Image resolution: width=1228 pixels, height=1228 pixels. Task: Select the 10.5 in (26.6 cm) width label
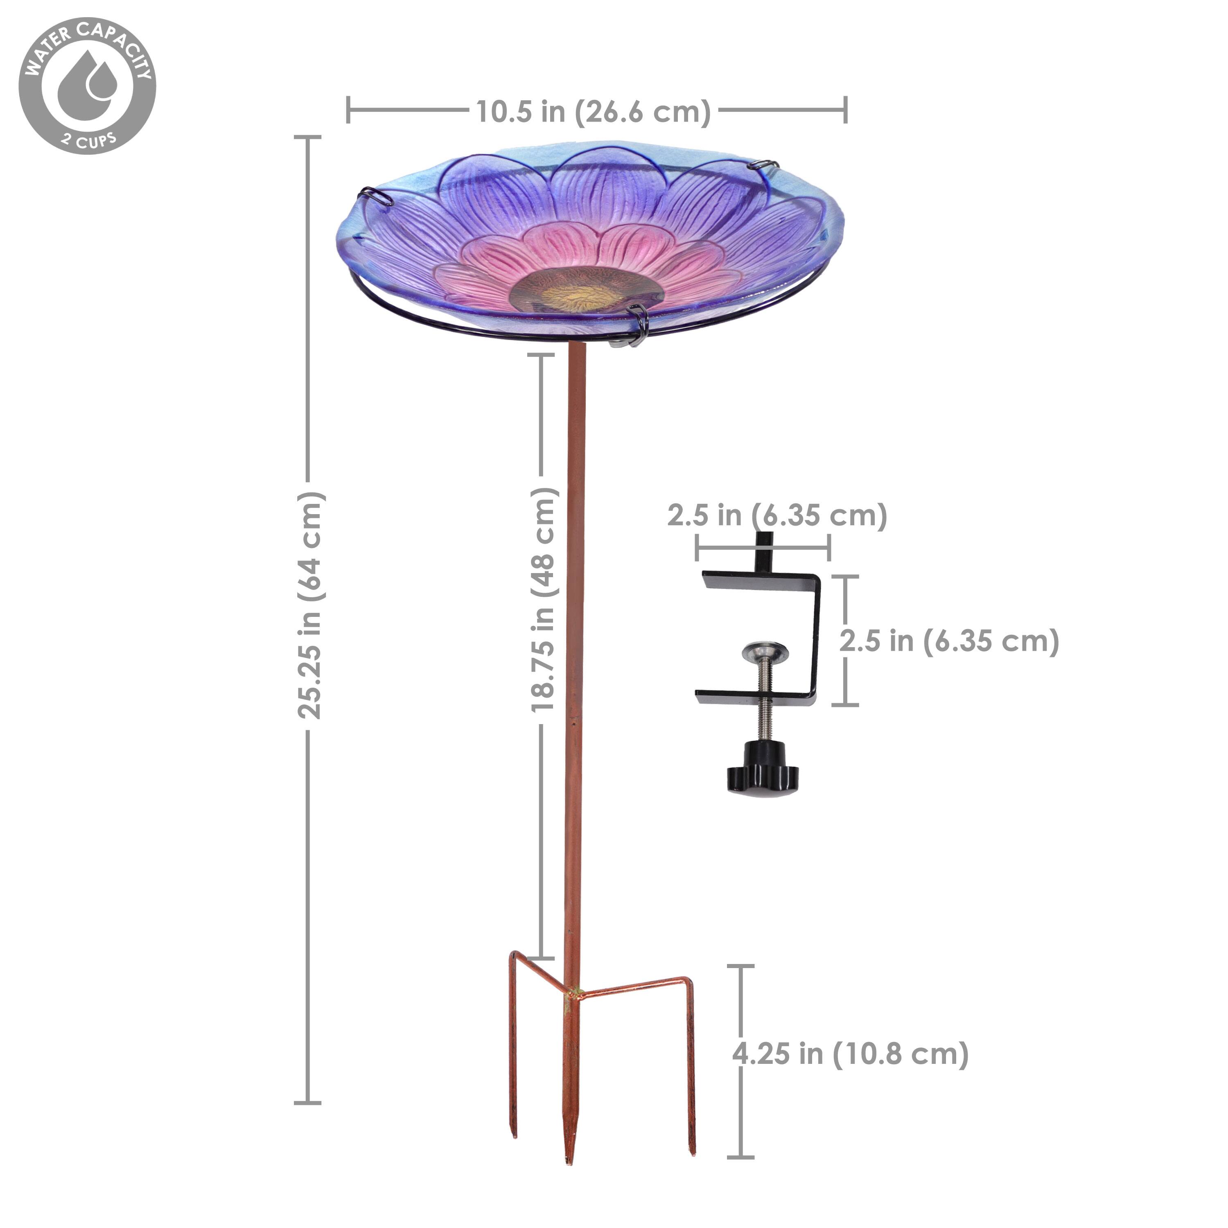[x=593, y=112]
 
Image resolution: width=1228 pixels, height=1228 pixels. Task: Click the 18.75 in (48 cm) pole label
[x=544, y=599]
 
